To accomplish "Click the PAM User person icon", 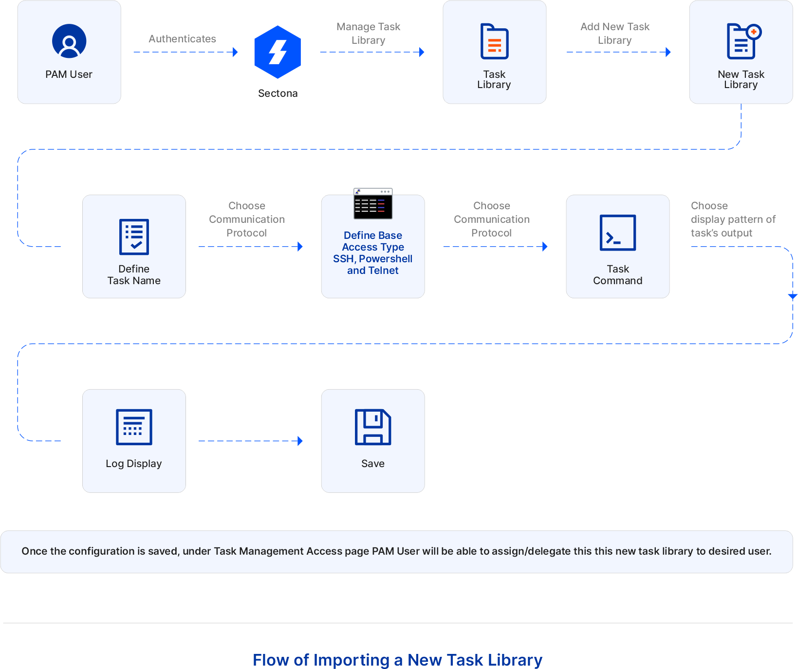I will click(x=69, y=41).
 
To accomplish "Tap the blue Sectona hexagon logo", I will click(x=278, y=52).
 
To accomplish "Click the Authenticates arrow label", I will click(x=182, y=39).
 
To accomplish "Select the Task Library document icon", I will click(x=494, y=41).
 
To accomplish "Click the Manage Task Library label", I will click(x=368, y=33).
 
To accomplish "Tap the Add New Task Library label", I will click(x=614, y=33).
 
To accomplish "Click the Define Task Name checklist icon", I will click(x=134, y=237).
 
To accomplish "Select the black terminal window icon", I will click(x=373, y=204).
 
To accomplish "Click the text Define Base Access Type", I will click(x=373, y=241).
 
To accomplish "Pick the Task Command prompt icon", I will click(x=617, y=233).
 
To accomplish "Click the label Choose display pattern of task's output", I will click(x=733, y=219).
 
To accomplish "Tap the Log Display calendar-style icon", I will click(x=134, y=427).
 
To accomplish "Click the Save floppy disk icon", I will click(x=373, y=427).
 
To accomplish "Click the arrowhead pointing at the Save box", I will click(x=300, y=441).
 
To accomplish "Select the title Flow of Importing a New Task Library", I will click(x=397, y=660).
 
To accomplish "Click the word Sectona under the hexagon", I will click(x=278, y=93).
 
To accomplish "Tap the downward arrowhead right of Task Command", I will click(x=792, y=296).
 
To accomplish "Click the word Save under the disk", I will click(x=373, y=464).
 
